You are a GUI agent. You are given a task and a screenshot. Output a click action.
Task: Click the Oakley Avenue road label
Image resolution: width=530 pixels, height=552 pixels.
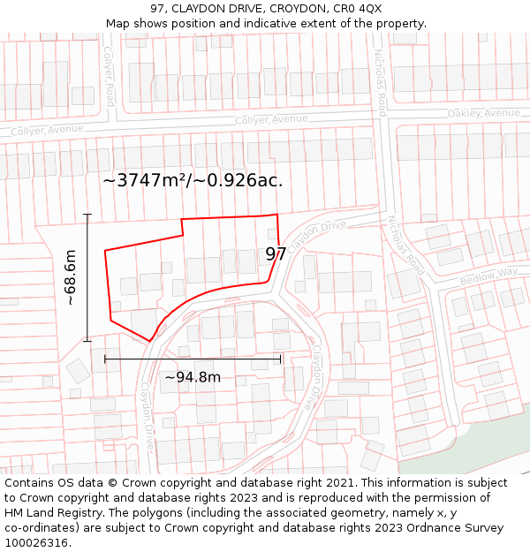click(483, 113)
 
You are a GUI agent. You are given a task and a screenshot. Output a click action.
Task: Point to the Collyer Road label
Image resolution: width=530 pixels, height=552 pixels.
click(109, 76)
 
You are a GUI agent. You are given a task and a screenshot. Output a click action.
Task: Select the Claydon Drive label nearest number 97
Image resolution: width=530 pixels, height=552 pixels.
click(315, 233)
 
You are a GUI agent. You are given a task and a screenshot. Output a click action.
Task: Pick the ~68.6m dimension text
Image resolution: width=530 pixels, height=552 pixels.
click(71, 277)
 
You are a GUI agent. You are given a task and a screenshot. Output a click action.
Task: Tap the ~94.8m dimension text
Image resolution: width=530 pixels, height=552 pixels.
click(193, 377)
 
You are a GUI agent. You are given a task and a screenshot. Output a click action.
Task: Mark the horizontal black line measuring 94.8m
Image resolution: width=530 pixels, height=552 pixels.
click(193, 359)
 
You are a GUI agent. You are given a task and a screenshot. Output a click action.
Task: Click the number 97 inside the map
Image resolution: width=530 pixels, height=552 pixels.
click(276, 254)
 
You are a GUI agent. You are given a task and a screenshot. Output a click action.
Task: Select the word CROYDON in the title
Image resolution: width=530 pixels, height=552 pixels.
click(291, 9)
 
